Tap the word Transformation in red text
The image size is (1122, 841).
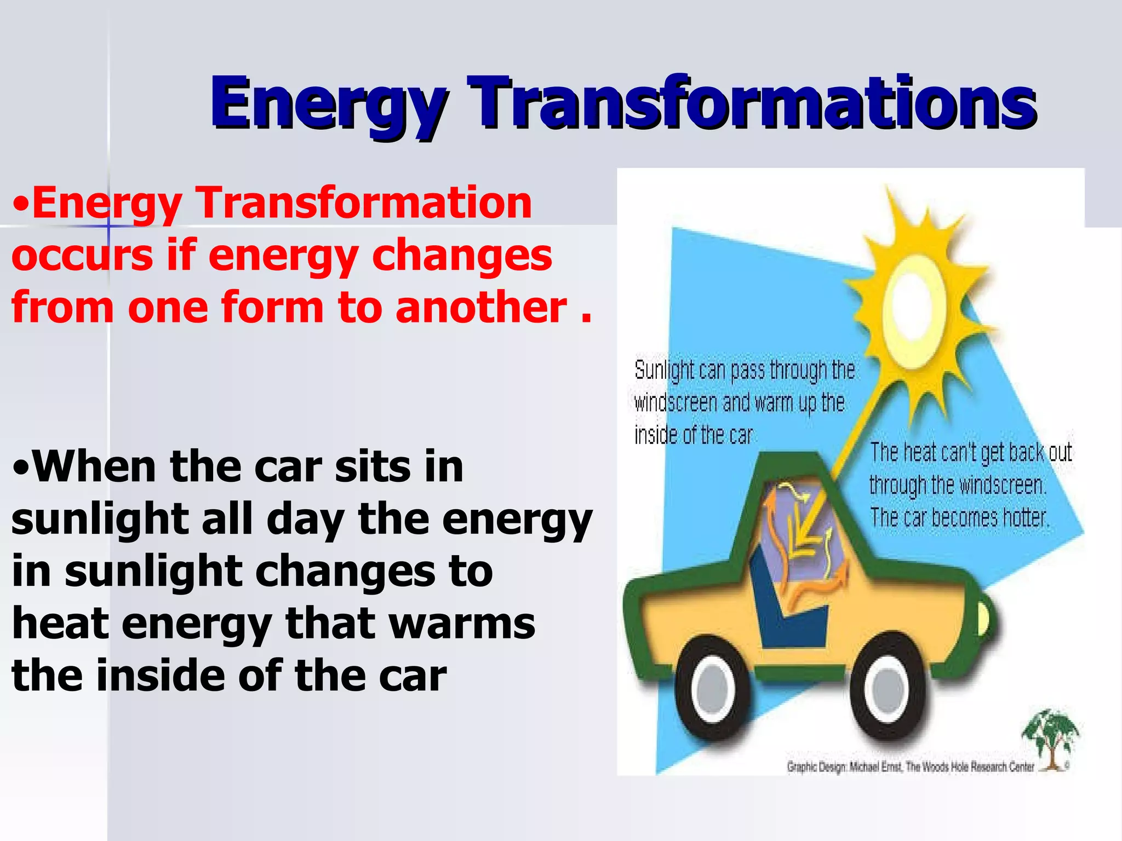[364, 203]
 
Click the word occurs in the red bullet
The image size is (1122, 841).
[82, 256]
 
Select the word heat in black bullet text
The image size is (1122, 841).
[60, 624]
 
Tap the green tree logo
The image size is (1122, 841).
[1049, 736]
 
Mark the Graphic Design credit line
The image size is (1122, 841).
[909, 767]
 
